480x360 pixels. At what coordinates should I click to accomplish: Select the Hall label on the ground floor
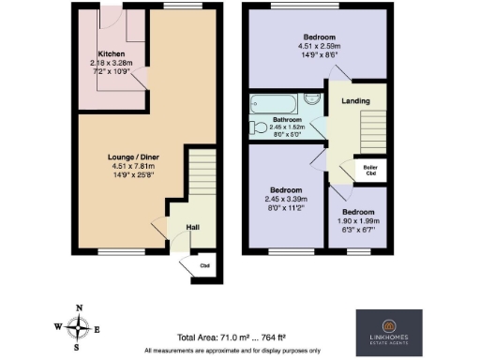pos(191,227)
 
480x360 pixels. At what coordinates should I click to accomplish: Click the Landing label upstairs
pos(354,101)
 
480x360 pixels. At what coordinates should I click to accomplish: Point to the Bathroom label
pos(287,119)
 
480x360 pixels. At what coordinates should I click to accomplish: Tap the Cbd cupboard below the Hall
pos(204,263)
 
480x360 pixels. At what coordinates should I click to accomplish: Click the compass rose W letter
pos(59,327)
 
